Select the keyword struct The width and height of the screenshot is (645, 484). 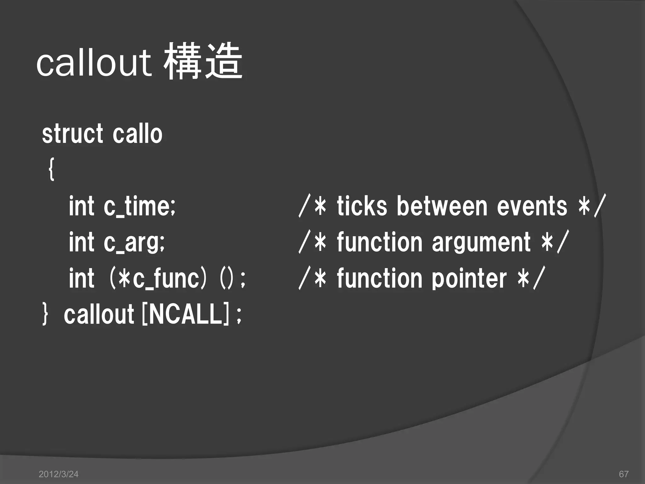coord(72,134)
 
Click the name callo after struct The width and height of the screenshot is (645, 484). coord(137,134)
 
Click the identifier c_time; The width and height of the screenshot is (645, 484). coord(139,206)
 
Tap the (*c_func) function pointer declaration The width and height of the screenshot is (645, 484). coord(157,279)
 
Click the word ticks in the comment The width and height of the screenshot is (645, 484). coord(362,206)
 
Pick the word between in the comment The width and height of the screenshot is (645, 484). coord(442,206)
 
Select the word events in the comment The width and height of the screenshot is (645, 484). coord(532,206)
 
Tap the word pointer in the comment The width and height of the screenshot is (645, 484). coord(469,279)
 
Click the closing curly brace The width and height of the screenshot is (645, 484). coord(45,314)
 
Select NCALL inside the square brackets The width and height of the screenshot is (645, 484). coord(185,314)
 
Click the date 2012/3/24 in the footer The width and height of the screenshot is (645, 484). coord(58,474)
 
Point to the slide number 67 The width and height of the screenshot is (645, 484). coord(624,474)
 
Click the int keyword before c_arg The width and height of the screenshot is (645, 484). coord(82,242)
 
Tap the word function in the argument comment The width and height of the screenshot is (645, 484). coord(380,242)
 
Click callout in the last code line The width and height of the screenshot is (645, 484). coord(99,314)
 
